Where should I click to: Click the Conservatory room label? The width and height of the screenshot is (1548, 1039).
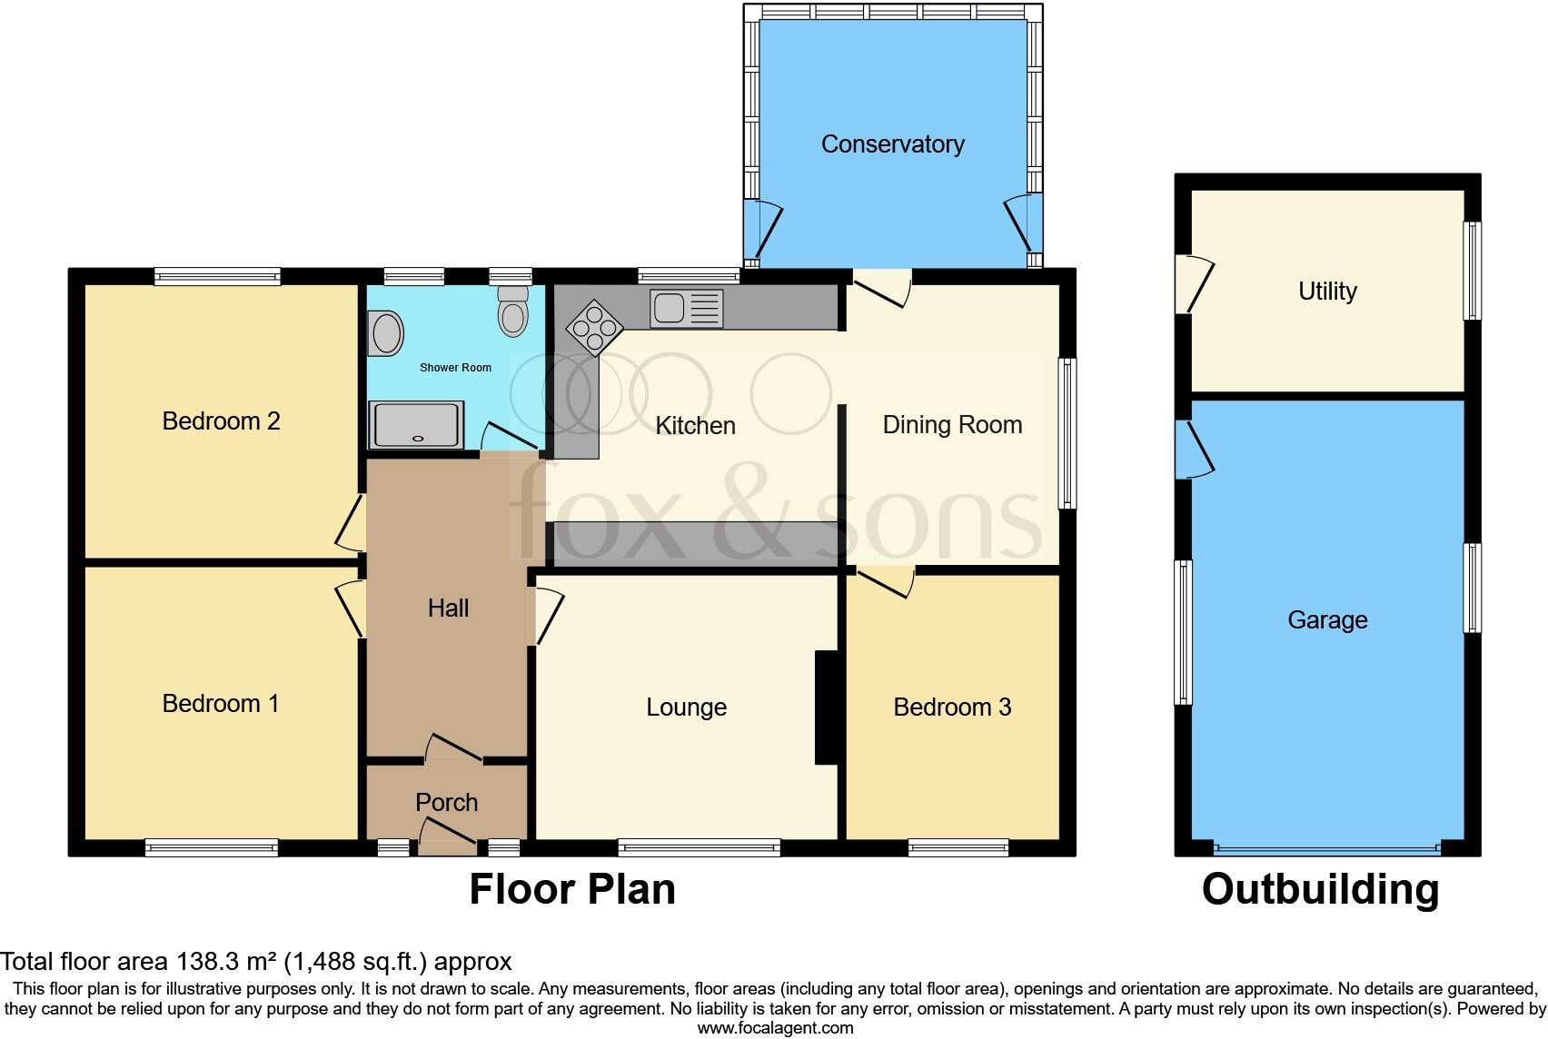coord(892,144)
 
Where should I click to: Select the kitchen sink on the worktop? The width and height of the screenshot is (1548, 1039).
coord(686,309)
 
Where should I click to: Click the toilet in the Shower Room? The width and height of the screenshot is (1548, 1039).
coord(513,312)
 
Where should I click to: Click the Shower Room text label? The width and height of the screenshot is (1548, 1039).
coord(455,368)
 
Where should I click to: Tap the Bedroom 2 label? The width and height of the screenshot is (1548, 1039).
coord(221,421)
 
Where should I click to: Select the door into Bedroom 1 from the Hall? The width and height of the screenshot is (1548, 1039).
coord(351,609)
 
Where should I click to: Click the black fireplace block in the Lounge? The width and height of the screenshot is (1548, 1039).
coord(826,708)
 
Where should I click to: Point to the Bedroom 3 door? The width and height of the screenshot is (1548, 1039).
coord(887,581)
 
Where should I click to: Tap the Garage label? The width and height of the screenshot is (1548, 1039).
coord(1327,620)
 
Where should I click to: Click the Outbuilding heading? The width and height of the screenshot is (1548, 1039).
coord(1320,890)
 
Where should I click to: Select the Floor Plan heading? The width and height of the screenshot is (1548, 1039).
coord(572,890)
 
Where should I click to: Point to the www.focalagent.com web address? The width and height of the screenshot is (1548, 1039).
coord(775,1028)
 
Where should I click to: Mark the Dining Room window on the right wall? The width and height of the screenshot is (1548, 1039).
coord(1068,433)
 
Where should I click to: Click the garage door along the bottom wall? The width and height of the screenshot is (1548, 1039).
coord(1326,849)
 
